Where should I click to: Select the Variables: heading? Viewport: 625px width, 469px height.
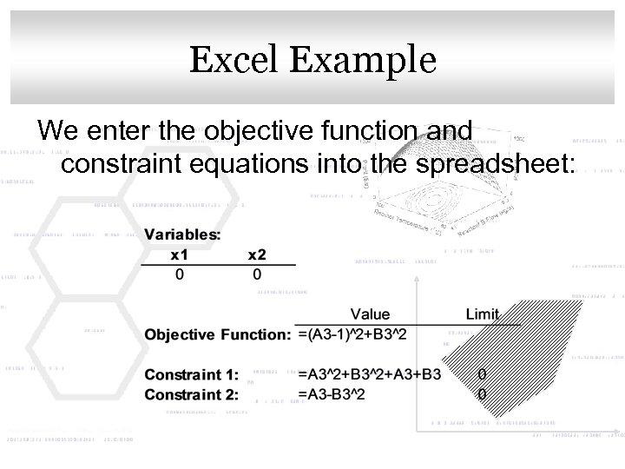[x=182, y=234]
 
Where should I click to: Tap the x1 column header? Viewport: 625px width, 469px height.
[x=180, y=254]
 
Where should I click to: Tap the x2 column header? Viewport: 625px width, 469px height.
[x=258, y=254]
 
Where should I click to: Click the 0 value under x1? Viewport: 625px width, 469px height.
[x=180, y=274]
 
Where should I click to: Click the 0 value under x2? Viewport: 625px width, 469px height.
[x=258, y=274]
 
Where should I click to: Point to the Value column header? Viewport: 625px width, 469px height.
[x=371, y=314]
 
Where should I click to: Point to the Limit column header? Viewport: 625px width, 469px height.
[x=483, y=314]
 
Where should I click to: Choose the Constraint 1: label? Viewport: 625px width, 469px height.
[x=190, y=375]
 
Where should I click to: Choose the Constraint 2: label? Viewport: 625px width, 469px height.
[x=190, y=394]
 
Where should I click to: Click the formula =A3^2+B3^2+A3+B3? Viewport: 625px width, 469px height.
[x=369, y=375]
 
